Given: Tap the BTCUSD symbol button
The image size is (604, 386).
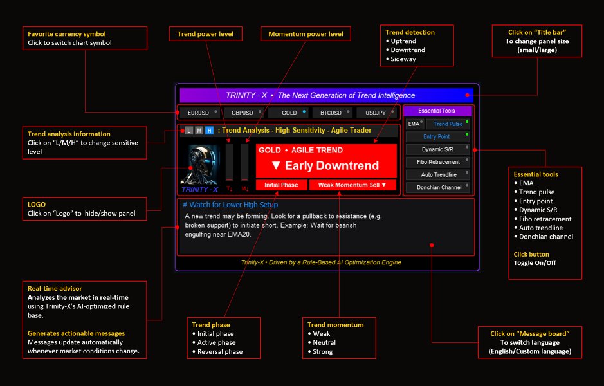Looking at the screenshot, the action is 332,113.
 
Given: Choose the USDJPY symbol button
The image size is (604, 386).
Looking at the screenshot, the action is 376,113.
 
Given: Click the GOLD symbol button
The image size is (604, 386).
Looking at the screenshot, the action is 288,113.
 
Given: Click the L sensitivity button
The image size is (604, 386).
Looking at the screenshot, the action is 188,130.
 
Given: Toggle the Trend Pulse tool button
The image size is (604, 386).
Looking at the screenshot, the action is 448,124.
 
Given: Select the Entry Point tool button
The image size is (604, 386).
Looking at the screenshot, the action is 437,136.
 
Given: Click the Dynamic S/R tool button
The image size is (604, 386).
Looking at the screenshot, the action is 437,149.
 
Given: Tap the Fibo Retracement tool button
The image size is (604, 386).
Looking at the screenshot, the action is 437,161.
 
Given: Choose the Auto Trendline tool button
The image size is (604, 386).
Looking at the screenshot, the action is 437,174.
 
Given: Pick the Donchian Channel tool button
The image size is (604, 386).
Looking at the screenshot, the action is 437,187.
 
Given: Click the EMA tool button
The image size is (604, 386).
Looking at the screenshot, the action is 415,124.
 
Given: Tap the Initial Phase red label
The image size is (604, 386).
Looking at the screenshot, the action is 281,185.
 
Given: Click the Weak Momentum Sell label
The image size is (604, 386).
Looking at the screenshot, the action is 352,185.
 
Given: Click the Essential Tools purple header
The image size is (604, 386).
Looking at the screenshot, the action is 437,111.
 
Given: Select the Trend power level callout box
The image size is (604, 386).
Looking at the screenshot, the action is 205,34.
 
